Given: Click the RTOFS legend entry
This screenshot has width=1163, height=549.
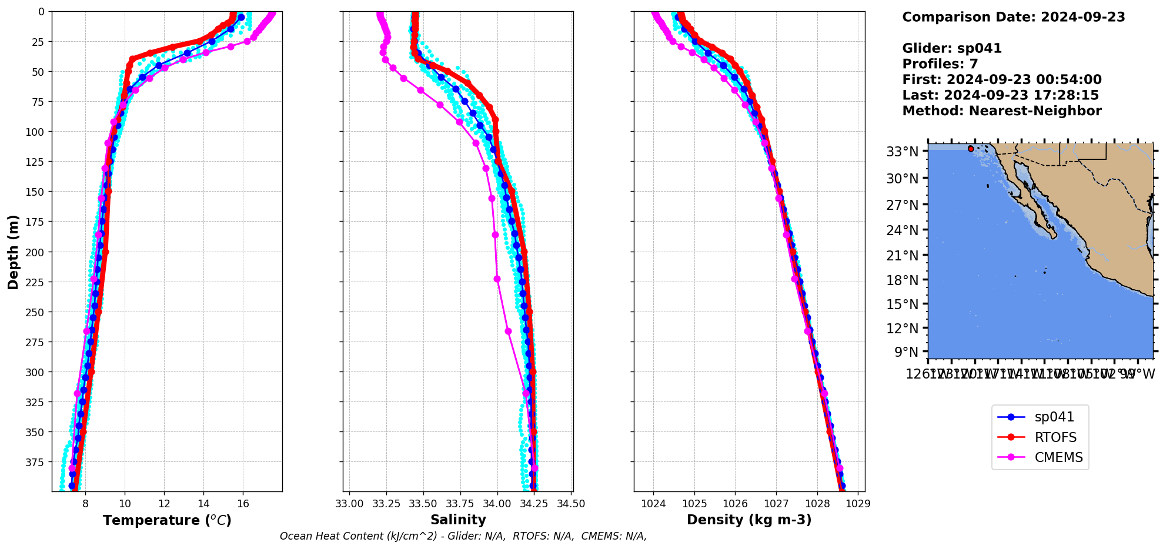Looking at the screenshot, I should click(x=1055, y=437).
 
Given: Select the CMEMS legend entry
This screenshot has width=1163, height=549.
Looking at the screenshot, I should click(x=1058, y=457).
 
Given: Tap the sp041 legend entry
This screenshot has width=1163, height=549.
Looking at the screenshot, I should click(x=1054, y=417).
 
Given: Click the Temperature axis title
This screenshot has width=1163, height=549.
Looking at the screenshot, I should click(x=167, y=520).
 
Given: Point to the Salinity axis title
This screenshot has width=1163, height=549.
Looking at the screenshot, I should click(x=458, y=520).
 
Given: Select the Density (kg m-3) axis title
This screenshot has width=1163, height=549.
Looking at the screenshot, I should click(x=749, y=520).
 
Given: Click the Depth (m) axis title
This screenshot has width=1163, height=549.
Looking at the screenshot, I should click(x=13, y=252).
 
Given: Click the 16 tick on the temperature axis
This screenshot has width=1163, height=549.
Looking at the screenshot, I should click(x=243, y=504).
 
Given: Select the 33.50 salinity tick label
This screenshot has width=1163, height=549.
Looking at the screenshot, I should click(x=423, y=504).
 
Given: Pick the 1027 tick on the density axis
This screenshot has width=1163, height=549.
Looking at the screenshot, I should click(x=776, y=504).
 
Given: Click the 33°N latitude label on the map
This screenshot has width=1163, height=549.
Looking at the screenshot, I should click(x=902, y=152).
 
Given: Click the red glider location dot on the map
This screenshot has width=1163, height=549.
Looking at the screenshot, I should click(x=971, y=149).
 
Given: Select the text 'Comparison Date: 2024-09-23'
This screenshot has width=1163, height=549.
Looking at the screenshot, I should click(x=1014, y=17).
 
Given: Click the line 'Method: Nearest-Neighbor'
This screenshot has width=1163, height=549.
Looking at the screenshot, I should click(x=1002, y=111).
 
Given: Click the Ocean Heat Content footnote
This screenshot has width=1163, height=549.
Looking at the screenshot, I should click(x=463, y=536).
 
